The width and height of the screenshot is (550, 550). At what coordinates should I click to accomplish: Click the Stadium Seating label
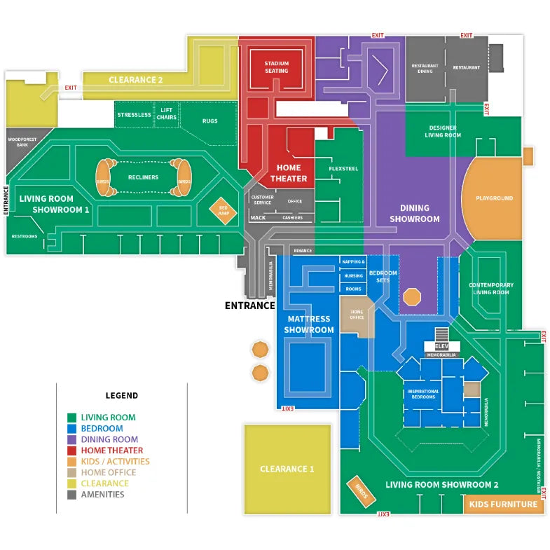coord(276,67)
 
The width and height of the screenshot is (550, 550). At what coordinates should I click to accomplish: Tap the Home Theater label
coord(289,173)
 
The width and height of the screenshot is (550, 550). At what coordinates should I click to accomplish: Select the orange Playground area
coord(494,198)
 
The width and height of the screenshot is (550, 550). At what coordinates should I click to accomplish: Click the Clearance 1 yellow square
coord(287,469)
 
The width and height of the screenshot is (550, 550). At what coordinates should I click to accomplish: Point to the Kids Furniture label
coord(503,504)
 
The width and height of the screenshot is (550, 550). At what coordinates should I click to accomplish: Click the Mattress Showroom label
coord(308,324)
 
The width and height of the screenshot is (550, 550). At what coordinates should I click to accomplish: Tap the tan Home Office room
coord(357,315)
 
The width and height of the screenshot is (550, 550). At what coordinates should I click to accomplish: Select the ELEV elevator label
coord(441,346)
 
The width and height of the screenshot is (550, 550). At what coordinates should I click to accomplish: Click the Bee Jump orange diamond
coord(224,210)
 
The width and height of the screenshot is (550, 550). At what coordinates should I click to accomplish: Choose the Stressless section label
coord(134,115)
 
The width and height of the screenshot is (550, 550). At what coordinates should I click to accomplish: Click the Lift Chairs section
coord(167,114)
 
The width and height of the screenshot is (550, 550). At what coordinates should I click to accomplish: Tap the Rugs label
coord(209,121)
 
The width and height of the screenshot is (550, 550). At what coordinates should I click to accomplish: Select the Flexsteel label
coord(343,170)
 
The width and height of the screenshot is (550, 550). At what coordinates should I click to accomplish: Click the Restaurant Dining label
coord(425,69)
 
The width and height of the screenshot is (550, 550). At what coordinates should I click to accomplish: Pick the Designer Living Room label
coord(443,132)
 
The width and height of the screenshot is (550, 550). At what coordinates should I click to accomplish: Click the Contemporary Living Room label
coord(491,289)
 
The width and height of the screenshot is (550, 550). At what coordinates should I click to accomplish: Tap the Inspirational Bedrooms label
coord(422,394)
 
